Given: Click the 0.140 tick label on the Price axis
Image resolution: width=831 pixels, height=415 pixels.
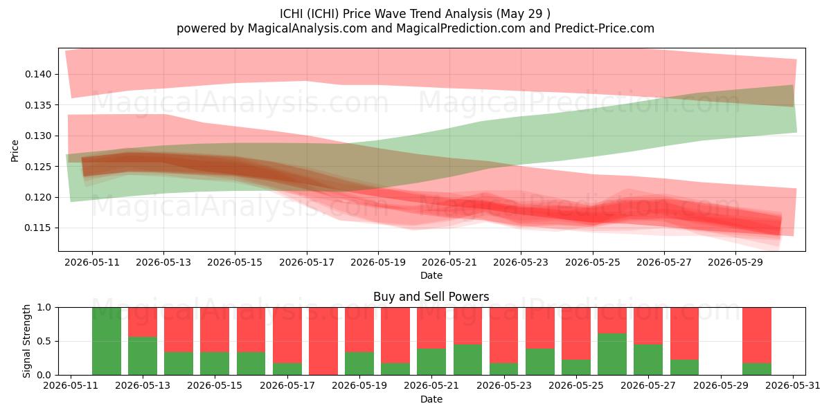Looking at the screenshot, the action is (38, 75).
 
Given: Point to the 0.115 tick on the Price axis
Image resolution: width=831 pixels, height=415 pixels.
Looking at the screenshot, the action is (38, 228).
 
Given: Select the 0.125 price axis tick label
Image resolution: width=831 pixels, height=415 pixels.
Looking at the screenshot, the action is (38, 167).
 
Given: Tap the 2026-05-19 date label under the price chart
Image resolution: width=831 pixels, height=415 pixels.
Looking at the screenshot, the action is (378, 262).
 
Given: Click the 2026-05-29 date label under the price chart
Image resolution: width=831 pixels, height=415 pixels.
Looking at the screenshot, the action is (735, 262).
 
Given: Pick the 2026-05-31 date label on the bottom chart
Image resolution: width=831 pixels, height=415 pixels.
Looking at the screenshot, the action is (793, 386).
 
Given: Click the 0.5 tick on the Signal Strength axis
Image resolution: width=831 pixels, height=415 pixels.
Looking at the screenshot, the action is (44, 341).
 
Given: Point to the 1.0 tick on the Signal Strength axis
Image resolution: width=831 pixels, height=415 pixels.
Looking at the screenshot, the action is (44, 308).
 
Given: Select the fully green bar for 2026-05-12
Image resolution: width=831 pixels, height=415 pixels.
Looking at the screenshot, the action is (107, 341).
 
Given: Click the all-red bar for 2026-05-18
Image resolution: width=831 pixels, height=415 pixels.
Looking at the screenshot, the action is (323, 341).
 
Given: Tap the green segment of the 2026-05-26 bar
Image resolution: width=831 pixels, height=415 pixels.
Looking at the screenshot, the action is (611, 354).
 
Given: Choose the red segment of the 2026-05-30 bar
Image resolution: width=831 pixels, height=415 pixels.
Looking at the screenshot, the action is (756, 335).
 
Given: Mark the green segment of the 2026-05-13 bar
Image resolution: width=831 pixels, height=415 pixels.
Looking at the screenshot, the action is (143, 356).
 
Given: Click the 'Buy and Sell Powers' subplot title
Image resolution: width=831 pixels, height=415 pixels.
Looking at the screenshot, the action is (431, 297).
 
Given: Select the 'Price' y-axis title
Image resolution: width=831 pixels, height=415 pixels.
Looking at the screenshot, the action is (15, 151).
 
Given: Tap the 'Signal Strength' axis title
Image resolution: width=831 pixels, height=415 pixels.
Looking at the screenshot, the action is (26, 341).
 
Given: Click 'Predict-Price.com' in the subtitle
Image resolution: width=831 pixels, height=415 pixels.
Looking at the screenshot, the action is (605, 28).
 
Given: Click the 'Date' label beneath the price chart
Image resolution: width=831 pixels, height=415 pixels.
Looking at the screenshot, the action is (431, 276).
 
